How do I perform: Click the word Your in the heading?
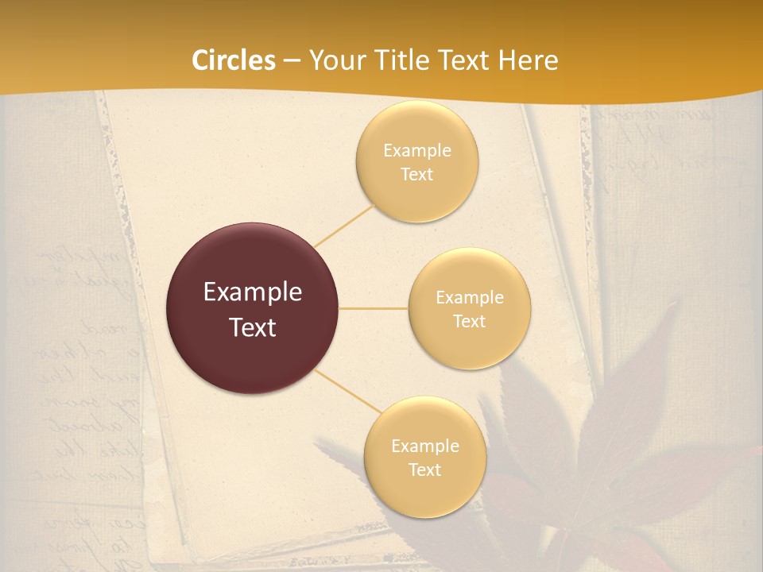333,60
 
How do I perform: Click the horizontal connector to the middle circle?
373,308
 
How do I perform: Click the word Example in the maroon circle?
252,292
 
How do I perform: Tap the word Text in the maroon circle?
252,327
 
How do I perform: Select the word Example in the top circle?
416,150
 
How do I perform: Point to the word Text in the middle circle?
469,321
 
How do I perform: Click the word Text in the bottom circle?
424,470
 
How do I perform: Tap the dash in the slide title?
291,60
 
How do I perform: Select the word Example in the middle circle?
469,298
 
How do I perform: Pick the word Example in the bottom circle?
424,446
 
